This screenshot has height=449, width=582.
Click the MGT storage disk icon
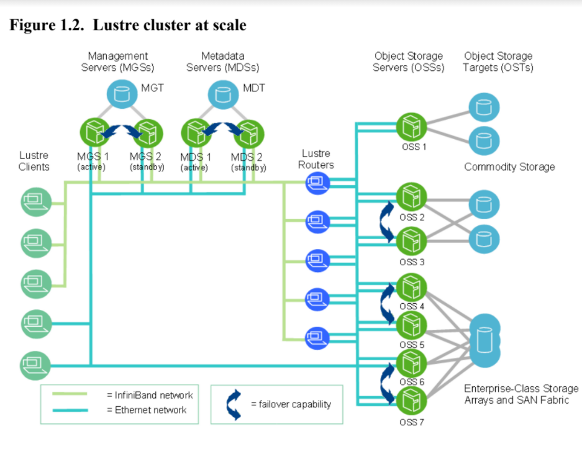pyautogui.click(x=122, y=94)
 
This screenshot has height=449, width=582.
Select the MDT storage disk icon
pyautogui.click(x=223, y=94)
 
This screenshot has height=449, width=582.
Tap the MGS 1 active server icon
pyautogui.click(x=95, y=133)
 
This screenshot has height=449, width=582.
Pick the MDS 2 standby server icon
pyautogui.click(x=248, y=134)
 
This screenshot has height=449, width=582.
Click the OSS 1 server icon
pyautogui.click(x=411, y=127)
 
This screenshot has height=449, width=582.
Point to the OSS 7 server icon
pyautogui.click(x=411, y=401)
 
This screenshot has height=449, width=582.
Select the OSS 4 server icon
pyautogui.click(x=411, y=288)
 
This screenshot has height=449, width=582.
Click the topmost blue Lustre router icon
pyautogui.click(x=317, y=183)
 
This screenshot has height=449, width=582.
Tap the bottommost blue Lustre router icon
pyautogui.click(x=317, y=338)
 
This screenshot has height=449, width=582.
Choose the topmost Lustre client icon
pyautogui.click(x=36, y=202)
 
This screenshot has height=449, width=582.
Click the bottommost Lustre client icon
pyautogui.click(x=35, y=366)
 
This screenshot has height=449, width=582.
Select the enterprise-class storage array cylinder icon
pyautogui.click(x=484, y=341)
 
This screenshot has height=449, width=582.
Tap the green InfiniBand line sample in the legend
pyautogui.click(x=70, y=394)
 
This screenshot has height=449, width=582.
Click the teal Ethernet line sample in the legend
pyautogui.click(x=70, y=410)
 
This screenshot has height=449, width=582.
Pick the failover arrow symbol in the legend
pyautogui.click(x=234, y=405)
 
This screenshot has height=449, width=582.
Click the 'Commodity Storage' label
pyautogui.click(x=509, y=167)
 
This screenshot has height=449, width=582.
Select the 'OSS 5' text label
pyautogui.click(x=412, y=345)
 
